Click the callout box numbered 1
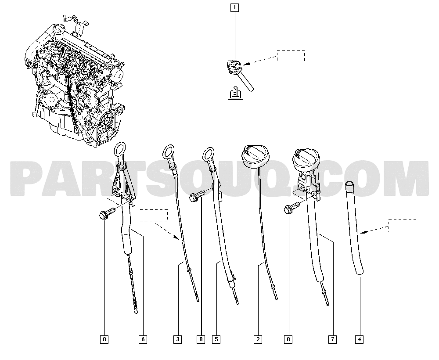[234, 7]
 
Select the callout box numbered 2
[258, 339]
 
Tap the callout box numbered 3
[178, 339]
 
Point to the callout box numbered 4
[360, 339]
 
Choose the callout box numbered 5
[216, 339]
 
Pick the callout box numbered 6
[143, 339]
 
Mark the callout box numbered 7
[333, 339]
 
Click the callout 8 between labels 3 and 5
[201, 339]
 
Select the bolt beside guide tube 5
[197, 195]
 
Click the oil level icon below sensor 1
[235, 92]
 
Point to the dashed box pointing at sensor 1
[291, 57]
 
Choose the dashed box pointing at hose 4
[402, 226]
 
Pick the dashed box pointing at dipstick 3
[154, 216]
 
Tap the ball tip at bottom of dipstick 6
[136, 312]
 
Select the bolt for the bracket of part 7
[291, 208]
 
